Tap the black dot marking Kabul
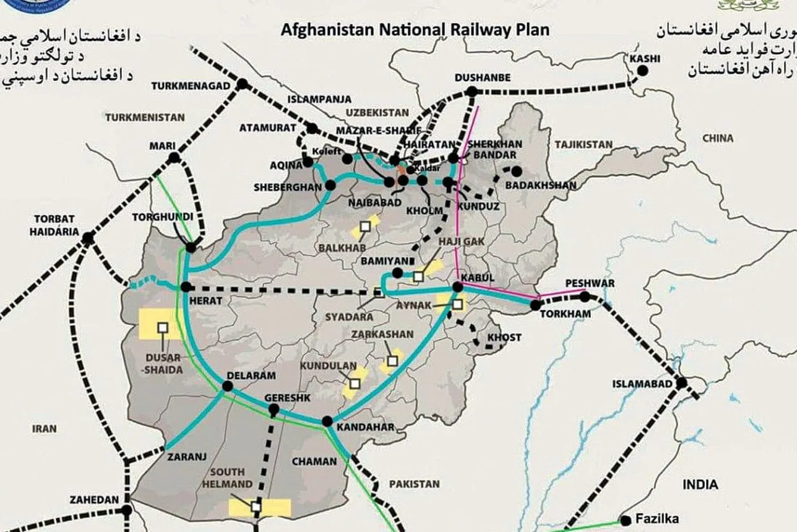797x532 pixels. tap(457, 286)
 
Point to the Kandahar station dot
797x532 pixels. tap(327, 421)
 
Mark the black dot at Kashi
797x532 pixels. tap(642, 71)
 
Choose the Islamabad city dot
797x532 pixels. tap(681, 383)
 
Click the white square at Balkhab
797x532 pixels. tap(364, 227)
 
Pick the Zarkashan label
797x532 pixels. tap(382, 334)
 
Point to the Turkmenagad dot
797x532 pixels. tap(242, 84)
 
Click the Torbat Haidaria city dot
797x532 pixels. tap(88, 237)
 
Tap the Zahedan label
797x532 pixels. tap(94, 499)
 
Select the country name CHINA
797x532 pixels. tap(717, 138)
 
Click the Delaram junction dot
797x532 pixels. tap(227, 386)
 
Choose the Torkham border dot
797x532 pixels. tap(536, 304)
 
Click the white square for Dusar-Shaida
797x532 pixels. tap(163, 327)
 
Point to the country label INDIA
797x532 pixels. tap(700, 484)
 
